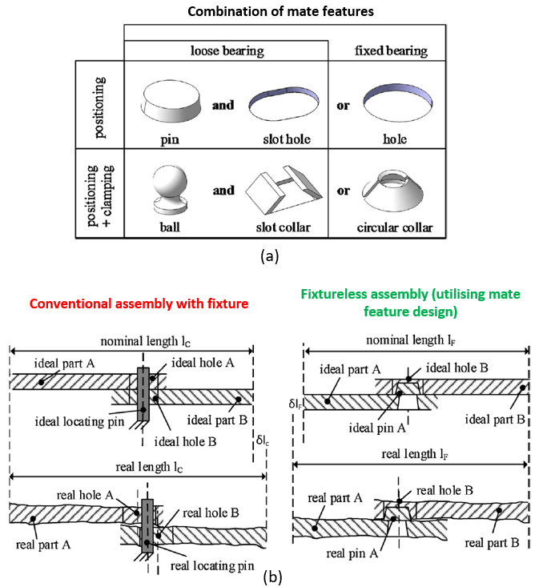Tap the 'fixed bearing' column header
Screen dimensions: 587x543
(x=390, y=50)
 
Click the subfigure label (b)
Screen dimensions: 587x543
(x=272, y=575)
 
